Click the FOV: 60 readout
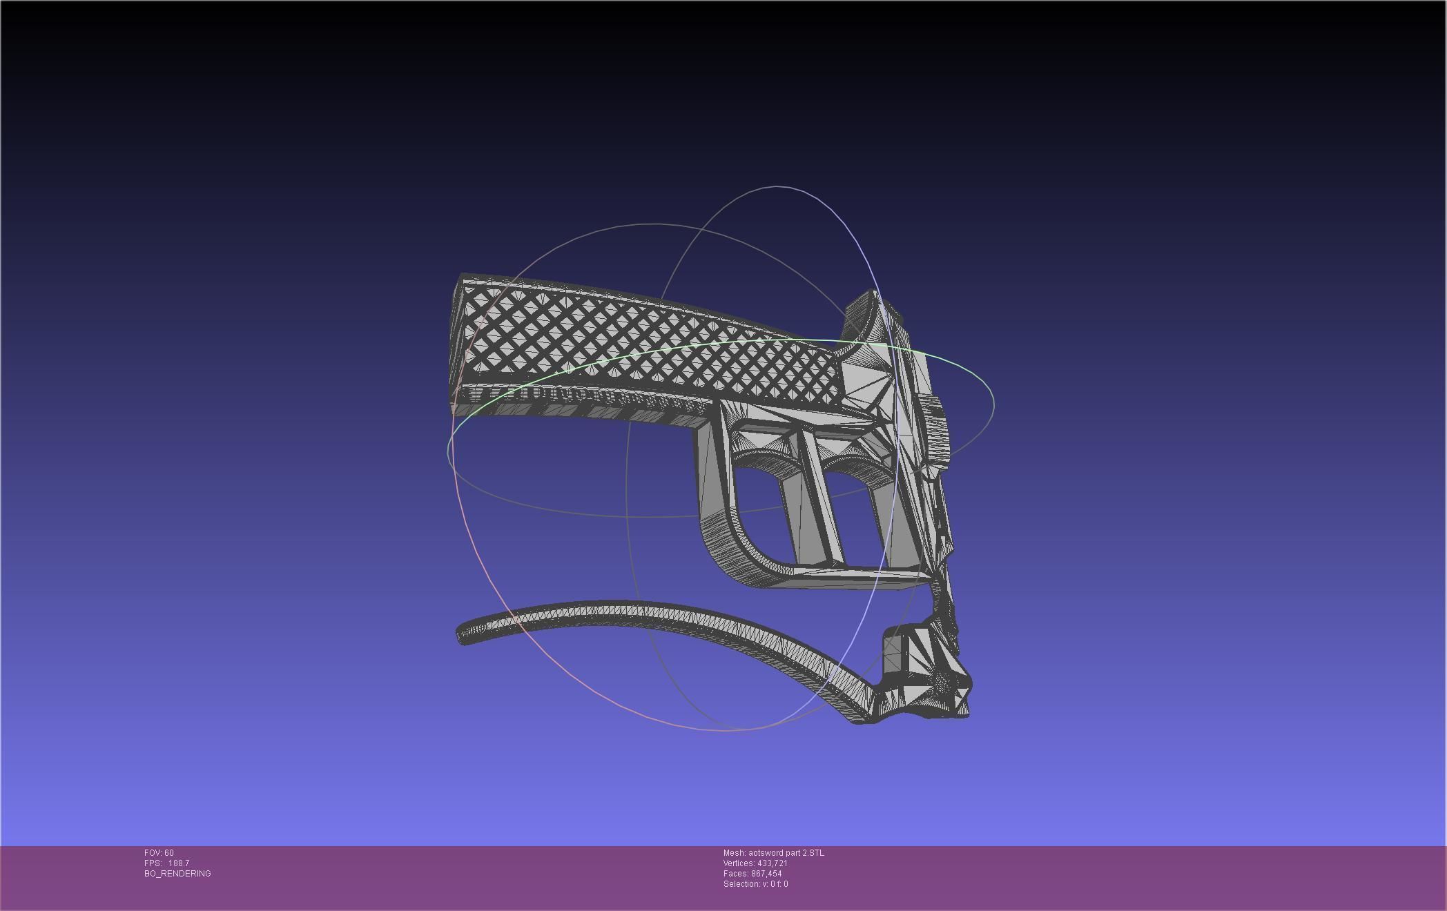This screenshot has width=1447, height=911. coord(159,853)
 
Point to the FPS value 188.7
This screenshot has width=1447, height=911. coord(178,863)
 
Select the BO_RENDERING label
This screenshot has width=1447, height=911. coord(177,874)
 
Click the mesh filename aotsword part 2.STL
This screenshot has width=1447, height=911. coord(786,853)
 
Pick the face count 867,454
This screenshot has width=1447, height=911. coord(766,874)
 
